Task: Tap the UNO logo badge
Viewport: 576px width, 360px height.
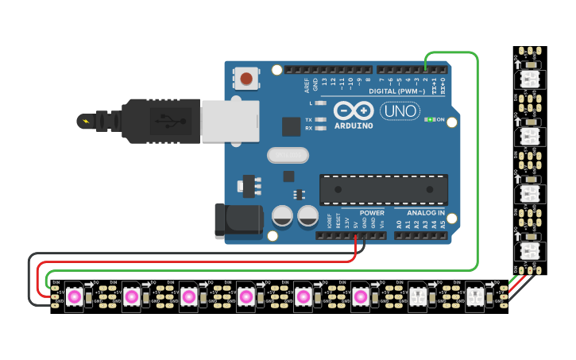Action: (x=400, y=111)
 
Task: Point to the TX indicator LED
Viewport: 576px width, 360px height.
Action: (x=319, y=119)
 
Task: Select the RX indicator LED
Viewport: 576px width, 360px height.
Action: (x=319, y=128)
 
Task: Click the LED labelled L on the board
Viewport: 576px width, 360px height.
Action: (x=319, y=103)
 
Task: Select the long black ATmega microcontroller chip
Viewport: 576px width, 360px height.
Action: (x=383, y=190)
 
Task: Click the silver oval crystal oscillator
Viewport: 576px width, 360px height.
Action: (x=288, y=156)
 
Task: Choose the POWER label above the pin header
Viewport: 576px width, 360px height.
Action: (x=371, y=213)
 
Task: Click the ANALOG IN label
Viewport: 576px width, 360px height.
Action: (x=426, y=213)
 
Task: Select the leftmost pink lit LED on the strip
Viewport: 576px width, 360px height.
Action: (x=74, y=296)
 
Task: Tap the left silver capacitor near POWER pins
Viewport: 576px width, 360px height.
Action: (x=283, y=215)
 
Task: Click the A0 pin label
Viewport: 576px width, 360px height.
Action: (x=399, y=224)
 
